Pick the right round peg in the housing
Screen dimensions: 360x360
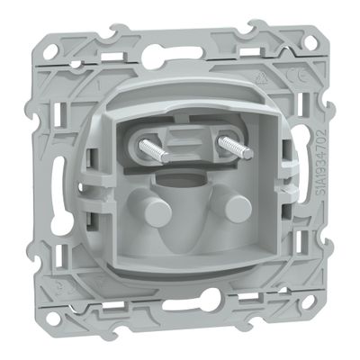(236, 211)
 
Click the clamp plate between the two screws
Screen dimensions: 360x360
(186, 148)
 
